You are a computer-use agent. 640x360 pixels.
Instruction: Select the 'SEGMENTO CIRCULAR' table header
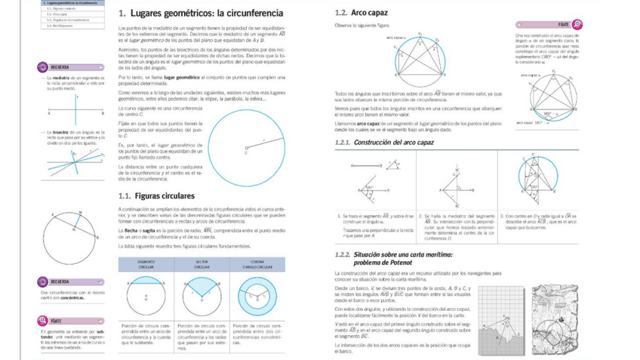click(146, 264)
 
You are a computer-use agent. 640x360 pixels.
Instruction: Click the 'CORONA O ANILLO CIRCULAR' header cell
click(257, 264)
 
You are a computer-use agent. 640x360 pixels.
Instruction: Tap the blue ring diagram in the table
click(257, 294)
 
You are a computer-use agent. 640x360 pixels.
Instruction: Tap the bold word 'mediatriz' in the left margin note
click(62, 78)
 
